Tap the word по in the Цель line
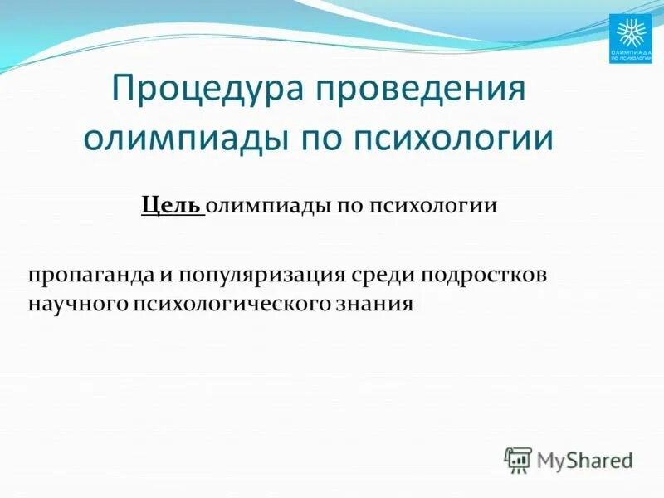point(346,205)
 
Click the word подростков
point(486,275)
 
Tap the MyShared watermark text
point(584,459)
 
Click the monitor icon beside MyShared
point(518,459)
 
